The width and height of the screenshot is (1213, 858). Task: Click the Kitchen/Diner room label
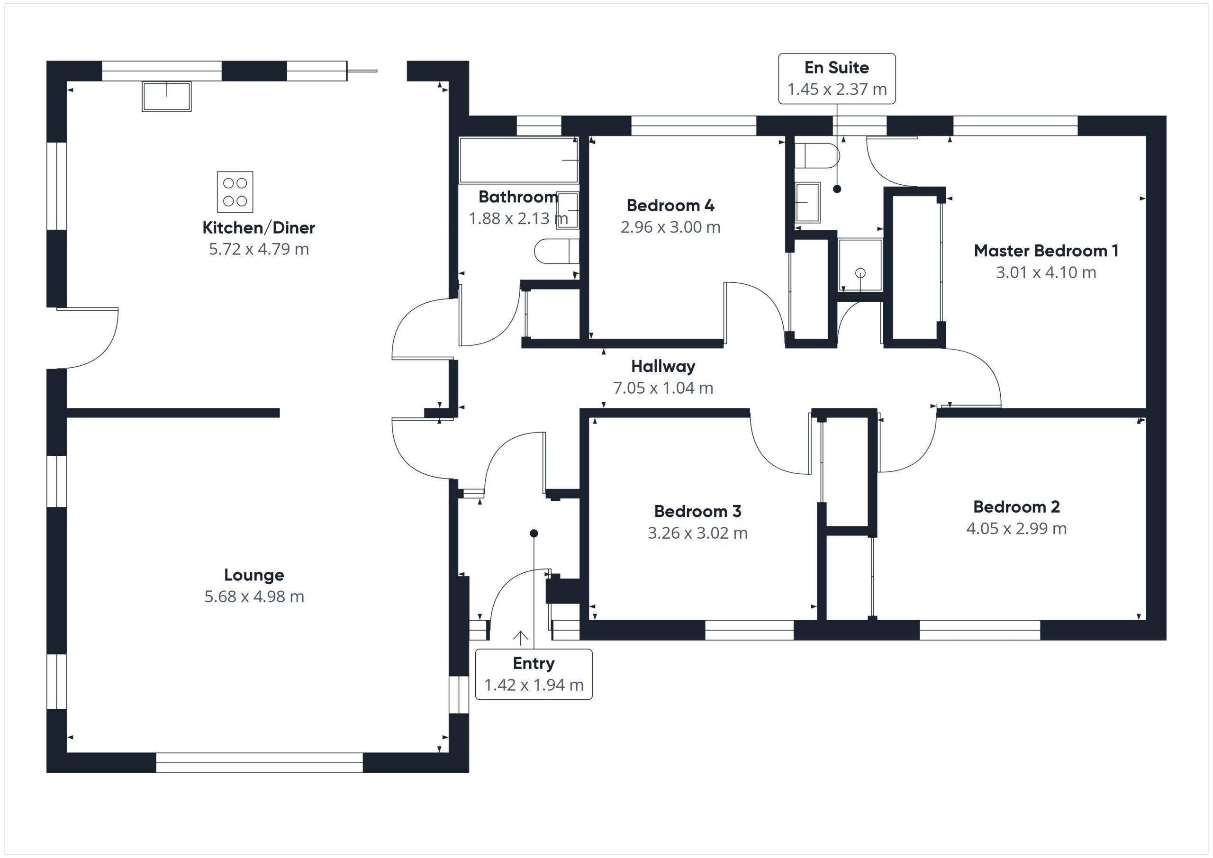[x=258, y=228]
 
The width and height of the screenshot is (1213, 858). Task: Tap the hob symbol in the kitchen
[x=235, y=192]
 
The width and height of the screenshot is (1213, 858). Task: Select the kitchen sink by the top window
[x=166, y=97]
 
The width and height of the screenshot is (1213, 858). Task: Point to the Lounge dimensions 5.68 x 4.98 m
[x=254, y=596]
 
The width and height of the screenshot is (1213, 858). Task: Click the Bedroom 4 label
[x=670, y=205]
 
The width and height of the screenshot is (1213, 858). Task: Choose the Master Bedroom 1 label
[x=1046, y=251]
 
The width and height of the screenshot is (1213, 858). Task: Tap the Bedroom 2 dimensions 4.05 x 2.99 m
[x=1016, y=528]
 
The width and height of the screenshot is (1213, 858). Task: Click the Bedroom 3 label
[x=697, y=511]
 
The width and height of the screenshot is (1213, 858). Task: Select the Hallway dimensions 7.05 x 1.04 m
[x=663, y=388]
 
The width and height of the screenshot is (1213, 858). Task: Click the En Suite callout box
[x=837, y=78]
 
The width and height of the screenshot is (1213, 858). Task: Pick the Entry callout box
[x=534, y=674]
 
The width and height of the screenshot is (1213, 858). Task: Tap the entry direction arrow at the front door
[x=520, y=638]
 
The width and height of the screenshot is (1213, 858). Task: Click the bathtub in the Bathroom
[x=519, y=160]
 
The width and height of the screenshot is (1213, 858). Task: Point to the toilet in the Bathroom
[x=556, y=251]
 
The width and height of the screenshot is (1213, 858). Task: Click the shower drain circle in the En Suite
[x=860, y=272]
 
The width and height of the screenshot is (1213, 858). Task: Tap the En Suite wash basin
[x=807, y=202]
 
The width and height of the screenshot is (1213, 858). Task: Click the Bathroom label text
[x=518, y=197]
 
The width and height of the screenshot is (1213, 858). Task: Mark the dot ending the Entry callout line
[x=534, y=533]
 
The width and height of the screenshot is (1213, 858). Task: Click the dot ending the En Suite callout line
[x=837, y=189]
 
